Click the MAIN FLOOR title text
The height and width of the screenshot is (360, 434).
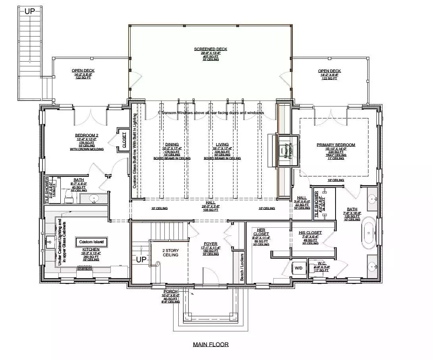tap(210, 345)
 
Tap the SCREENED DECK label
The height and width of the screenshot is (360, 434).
tap(210, 49)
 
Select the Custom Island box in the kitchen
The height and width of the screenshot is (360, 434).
tap(91, 242)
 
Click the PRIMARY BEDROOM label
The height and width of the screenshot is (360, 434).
tap(336, 145)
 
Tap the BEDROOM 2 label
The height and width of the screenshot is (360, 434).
tap(86, 135)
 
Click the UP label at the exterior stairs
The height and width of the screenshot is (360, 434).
tap(30, 11)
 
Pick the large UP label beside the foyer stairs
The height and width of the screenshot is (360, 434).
tap(141, 259)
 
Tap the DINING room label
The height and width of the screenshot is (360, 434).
tap(172, 145)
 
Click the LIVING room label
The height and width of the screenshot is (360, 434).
tap(222, 145)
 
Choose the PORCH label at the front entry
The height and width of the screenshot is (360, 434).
tap(171, 292)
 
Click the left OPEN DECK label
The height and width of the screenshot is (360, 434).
tap(83, 71)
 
